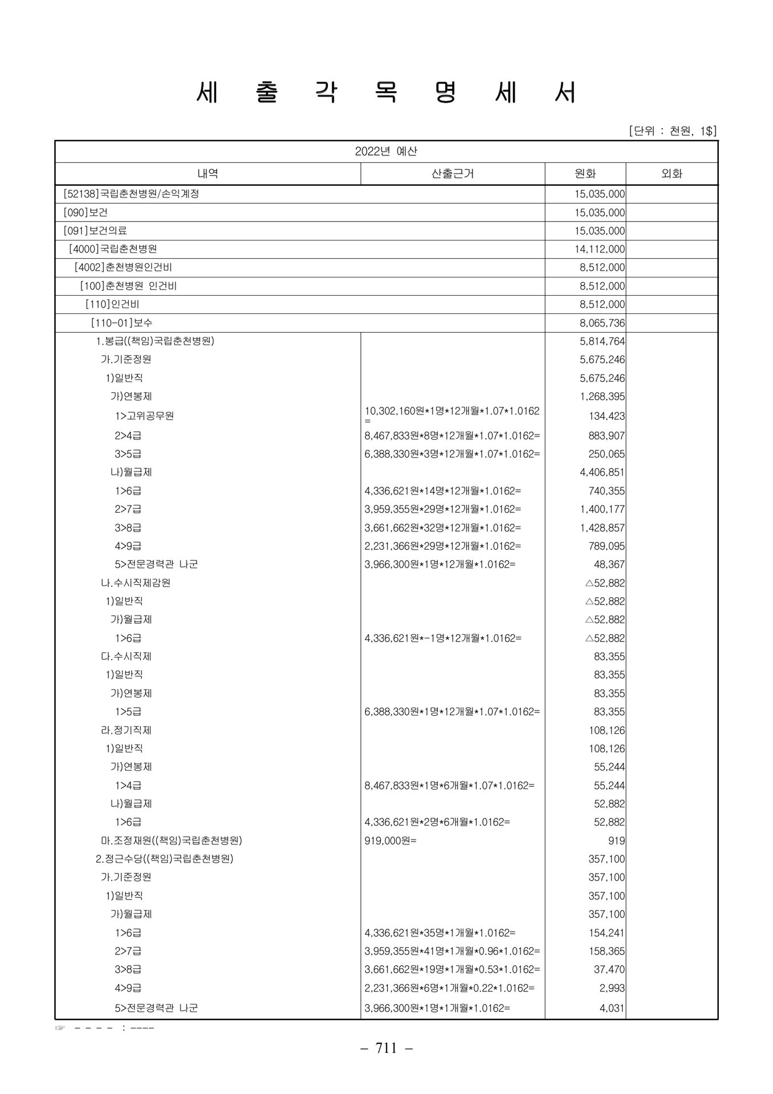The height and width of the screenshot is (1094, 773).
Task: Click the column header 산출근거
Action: (453, 174)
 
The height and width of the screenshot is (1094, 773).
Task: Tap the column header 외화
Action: (672, 174)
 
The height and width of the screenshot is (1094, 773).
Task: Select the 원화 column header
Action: (585, 174)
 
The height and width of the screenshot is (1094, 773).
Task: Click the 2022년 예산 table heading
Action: (386, 152)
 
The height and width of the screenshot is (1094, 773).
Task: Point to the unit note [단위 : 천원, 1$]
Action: (672, 131)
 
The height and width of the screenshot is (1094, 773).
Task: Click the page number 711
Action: (386, 1048)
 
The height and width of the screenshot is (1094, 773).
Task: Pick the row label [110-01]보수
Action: (121, 323)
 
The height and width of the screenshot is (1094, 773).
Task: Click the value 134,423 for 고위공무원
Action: (607, 417)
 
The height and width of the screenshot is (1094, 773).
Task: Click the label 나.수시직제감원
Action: (136, 583)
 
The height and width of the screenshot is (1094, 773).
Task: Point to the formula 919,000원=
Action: (390, 840)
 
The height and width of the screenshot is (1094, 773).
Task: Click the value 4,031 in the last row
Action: (612, 1008)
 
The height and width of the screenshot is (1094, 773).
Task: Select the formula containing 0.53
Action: (452, 969)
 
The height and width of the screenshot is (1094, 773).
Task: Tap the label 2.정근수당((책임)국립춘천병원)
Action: (165, 859)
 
